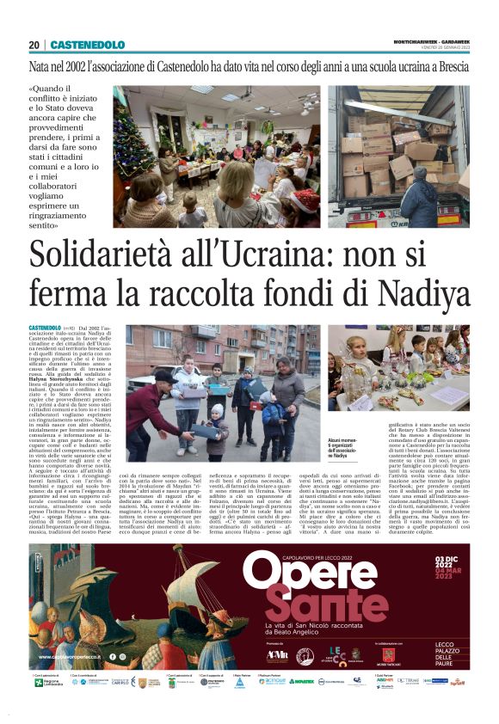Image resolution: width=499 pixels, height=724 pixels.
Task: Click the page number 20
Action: [34, 45]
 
